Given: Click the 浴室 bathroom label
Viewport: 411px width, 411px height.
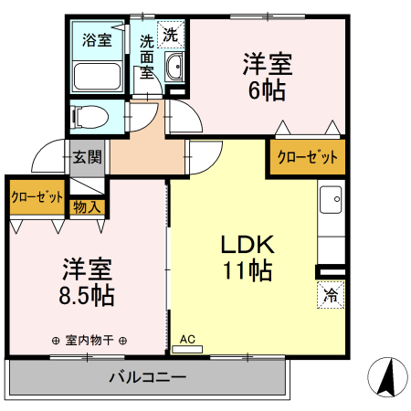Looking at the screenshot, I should point(97,39).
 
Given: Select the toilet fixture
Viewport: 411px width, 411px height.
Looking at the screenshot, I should point(89,116).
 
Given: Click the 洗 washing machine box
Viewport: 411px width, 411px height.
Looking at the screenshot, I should point(170,35).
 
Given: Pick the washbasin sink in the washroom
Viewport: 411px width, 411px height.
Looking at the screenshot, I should point(174,66).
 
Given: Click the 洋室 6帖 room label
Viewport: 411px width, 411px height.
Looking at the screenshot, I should point(266,78).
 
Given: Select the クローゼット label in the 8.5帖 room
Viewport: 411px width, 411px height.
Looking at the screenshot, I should point(37,196).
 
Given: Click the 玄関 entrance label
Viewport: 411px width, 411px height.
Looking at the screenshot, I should point(89,156).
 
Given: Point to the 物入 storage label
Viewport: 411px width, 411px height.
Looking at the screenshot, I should point(88,207).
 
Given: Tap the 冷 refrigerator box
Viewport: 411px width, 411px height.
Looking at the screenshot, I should point(332,296).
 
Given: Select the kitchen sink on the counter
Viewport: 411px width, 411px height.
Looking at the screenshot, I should point(331,198).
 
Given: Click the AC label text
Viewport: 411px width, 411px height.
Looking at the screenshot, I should point(188,338).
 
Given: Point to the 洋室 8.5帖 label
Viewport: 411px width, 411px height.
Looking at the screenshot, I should point(88,282).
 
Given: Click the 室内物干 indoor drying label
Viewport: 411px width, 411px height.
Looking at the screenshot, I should point(90,341).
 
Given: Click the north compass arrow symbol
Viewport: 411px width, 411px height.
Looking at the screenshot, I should point(387,377).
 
